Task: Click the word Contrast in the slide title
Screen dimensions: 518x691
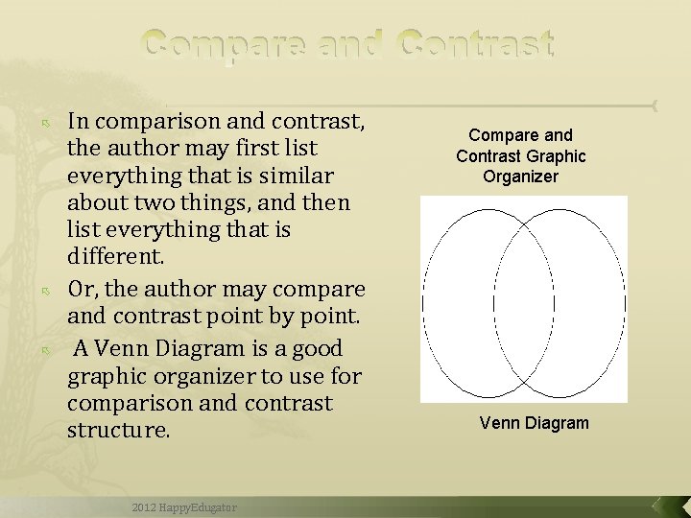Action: (x=477, y=44)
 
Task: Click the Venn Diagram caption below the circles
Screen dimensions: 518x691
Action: (x=535, y=423)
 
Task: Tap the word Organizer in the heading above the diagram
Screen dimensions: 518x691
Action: (x=521, y=177)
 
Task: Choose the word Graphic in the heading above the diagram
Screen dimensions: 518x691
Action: (x=556, y=155)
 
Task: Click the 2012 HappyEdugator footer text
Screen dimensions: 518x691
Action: (x=186, y=506)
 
